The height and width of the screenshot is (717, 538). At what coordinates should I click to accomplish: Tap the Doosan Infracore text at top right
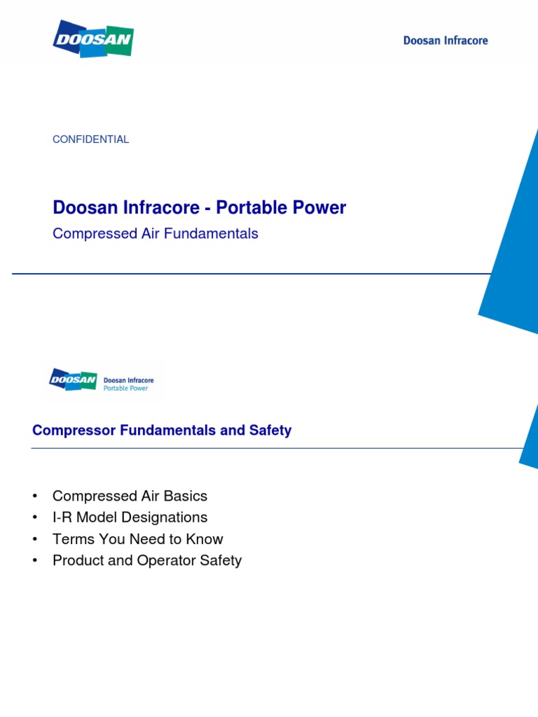click(445, 41)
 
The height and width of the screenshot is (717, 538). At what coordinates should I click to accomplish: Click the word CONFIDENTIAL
click(91, 139)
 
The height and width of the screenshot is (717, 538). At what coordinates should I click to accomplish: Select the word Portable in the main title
click(245, 208)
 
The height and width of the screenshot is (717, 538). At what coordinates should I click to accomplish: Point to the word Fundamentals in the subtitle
click(209, 234)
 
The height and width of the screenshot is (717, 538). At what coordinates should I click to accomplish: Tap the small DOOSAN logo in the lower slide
click(73, 380)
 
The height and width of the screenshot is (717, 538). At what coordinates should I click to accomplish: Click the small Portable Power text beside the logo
click(125, 388)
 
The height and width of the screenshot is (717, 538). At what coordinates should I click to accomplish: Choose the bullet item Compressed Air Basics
click(130, 496)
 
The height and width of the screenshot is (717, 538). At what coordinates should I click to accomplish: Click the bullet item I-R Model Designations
click(130, 518)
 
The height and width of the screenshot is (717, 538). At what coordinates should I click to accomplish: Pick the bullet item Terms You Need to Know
click(137, 539)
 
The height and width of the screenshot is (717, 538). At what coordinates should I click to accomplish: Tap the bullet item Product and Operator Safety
click(146, 561)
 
